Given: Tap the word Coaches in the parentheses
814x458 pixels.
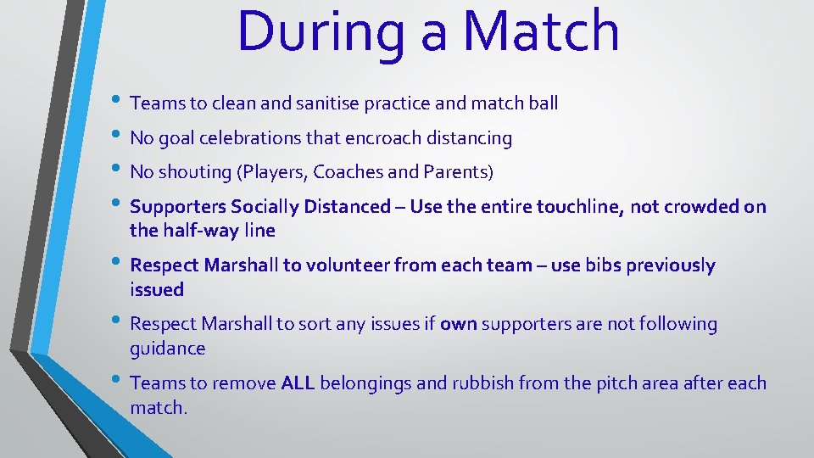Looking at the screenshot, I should (344, 172).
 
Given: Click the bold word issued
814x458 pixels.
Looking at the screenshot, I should (157, 290).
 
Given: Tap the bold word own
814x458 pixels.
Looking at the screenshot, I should (458, 324).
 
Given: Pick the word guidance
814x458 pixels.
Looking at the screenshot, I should (168, 349).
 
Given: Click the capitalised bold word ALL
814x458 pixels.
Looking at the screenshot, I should (298, 383).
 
